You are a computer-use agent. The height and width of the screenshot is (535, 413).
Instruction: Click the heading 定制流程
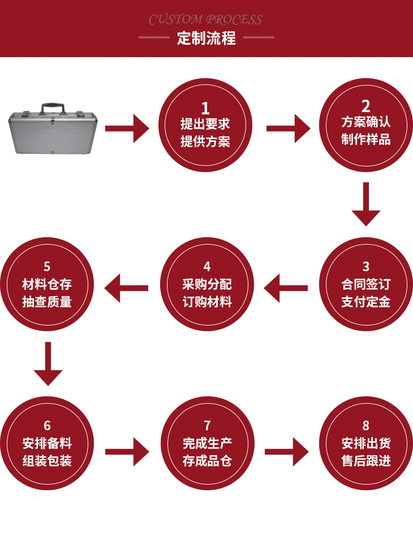(206, 39)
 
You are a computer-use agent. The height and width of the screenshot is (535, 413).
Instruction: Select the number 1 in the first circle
(205, 108)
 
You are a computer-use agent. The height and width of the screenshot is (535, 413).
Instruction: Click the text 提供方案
(205, 142)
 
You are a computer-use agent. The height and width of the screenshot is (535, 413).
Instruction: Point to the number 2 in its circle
(366, 105)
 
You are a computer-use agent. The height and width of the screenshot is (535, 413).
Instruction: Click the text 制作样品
(366, 139)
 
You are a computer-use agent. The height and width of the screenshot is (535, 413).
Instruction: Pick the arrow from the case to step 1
(127, 129)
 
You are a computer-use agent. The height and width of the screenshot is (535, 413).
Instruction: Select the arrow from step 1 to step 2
(288, 129)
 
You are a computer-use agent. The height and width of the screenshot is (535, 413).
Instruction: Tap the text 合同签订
(366, 284)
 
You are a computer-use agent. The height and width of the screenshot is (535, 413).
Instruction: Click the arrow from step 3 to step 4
(286, 288)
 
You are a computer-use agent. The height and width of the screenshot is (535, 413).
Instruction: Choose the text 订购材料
(207, 302)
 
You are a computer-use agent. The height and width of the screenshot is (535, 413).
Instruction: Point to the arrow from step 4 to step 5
(127, 288)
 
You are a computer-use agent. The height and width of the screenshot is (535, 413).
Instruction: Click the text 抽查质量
(47, 302)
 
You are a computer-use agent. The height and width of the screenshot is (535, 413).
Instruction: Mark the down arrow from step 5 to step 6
(48, 364)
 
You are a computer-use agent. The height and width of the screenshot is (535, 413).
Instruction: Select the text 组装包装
(47, 461)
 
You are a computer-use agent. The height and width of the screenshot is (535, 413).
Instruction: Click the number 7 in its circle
(207, 425)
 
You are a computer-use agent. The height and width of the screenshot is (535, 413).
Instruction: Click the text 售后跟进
(366, 461)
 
